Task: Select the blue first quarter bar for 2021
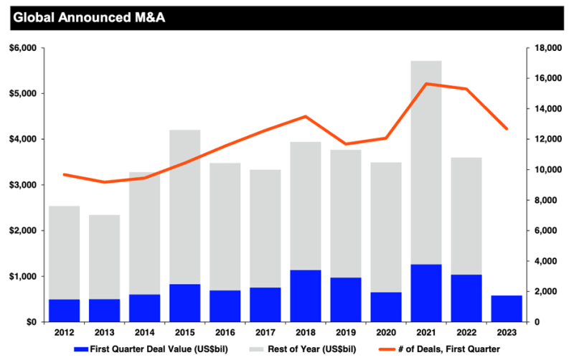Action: click(426, 293)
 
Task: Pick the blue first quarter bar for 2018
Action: click(305, 295)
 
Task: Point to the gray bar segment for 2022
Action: click(466, 215)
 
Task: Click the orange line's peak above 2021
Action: click(426, 84)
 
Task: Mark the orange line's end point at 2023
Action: click(507, 129)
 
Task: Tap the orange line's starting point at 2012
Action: click(64, 174)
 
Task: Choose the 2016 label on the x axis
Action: click(225, 333)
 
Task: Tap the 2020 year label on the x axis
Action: click(386, 333)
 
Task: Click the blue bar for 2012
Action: click(64, 311)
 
